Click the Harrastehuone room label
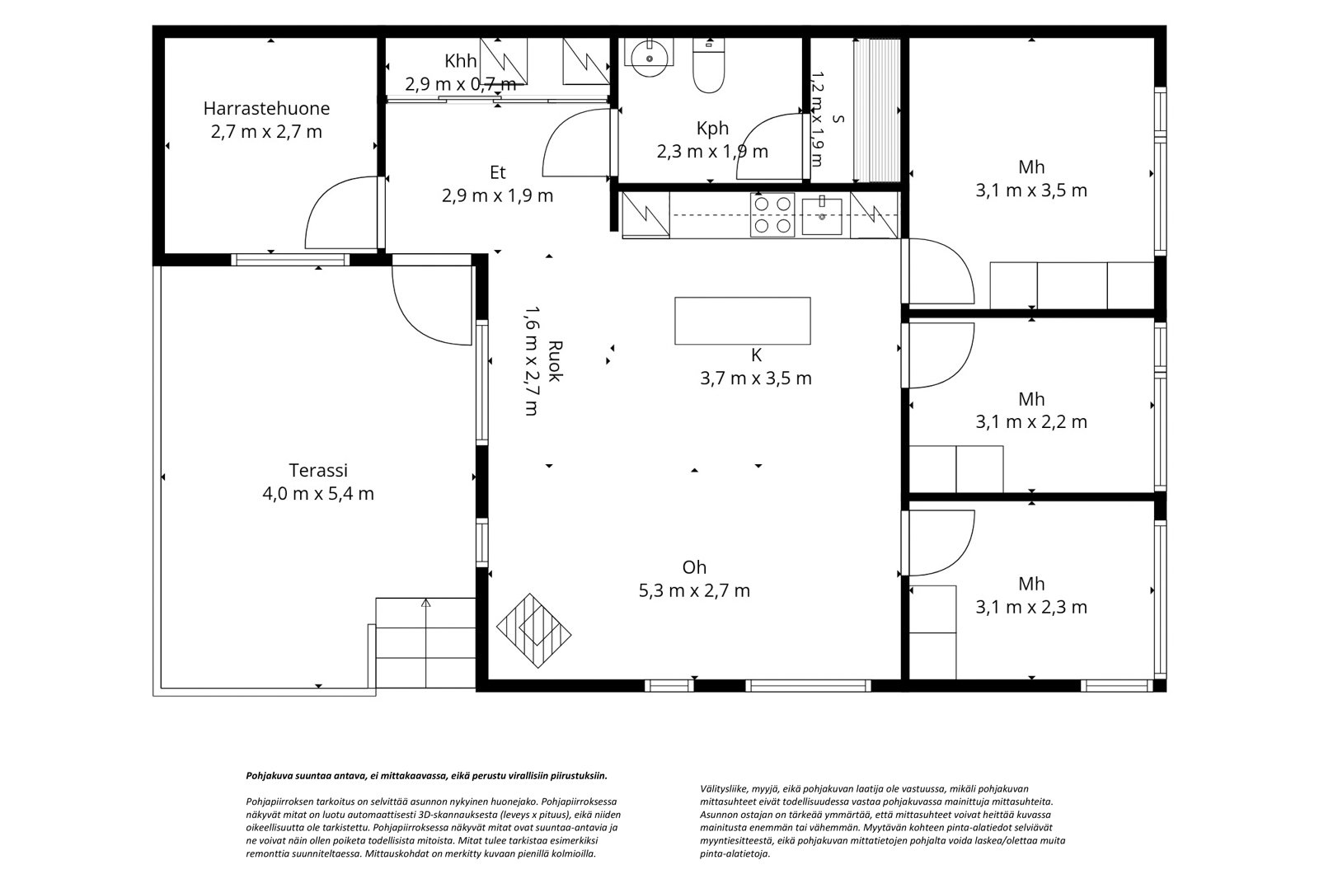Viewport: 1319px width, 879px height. (266, 108)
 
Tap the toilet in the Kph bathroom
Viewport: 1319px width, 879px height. (708, 65)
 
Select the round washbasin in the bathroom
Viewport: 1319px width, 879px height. (649, 57)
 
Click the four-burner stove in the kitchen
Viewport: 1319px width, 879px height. (772, 214)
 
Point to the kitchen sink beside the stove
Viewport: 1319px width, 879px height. (822, 215)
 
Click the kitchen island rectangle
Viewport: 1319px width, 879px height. (743, 321)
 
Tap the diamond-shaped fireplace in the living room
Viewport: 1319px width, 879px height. (533, 630)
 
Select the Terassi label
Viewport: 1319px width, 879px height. (318, 470)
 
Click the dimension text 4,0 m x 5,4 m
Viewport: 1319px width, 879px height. (318, 494)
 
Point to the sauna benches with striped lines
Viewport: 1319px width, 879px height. (877, 110)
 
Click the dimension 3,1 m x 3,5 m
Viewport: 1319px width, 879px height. (1031, 190)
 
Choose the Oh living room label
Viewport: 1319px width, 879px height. (694, 566)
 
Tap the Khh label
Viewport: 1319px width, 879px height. (461, 61)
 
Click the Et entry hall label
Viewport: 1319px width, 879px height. (498, 172)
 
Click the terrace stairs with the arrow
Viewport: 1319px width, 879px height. (425, 642)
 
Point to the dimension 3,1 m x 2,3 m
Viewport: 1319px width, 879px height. (1031, 607)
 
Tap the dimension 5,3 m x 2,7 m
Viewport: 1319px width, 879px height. (694, 590)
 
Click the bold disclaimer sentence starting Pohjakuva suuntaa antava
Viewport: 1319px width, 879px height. (426, 776)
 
